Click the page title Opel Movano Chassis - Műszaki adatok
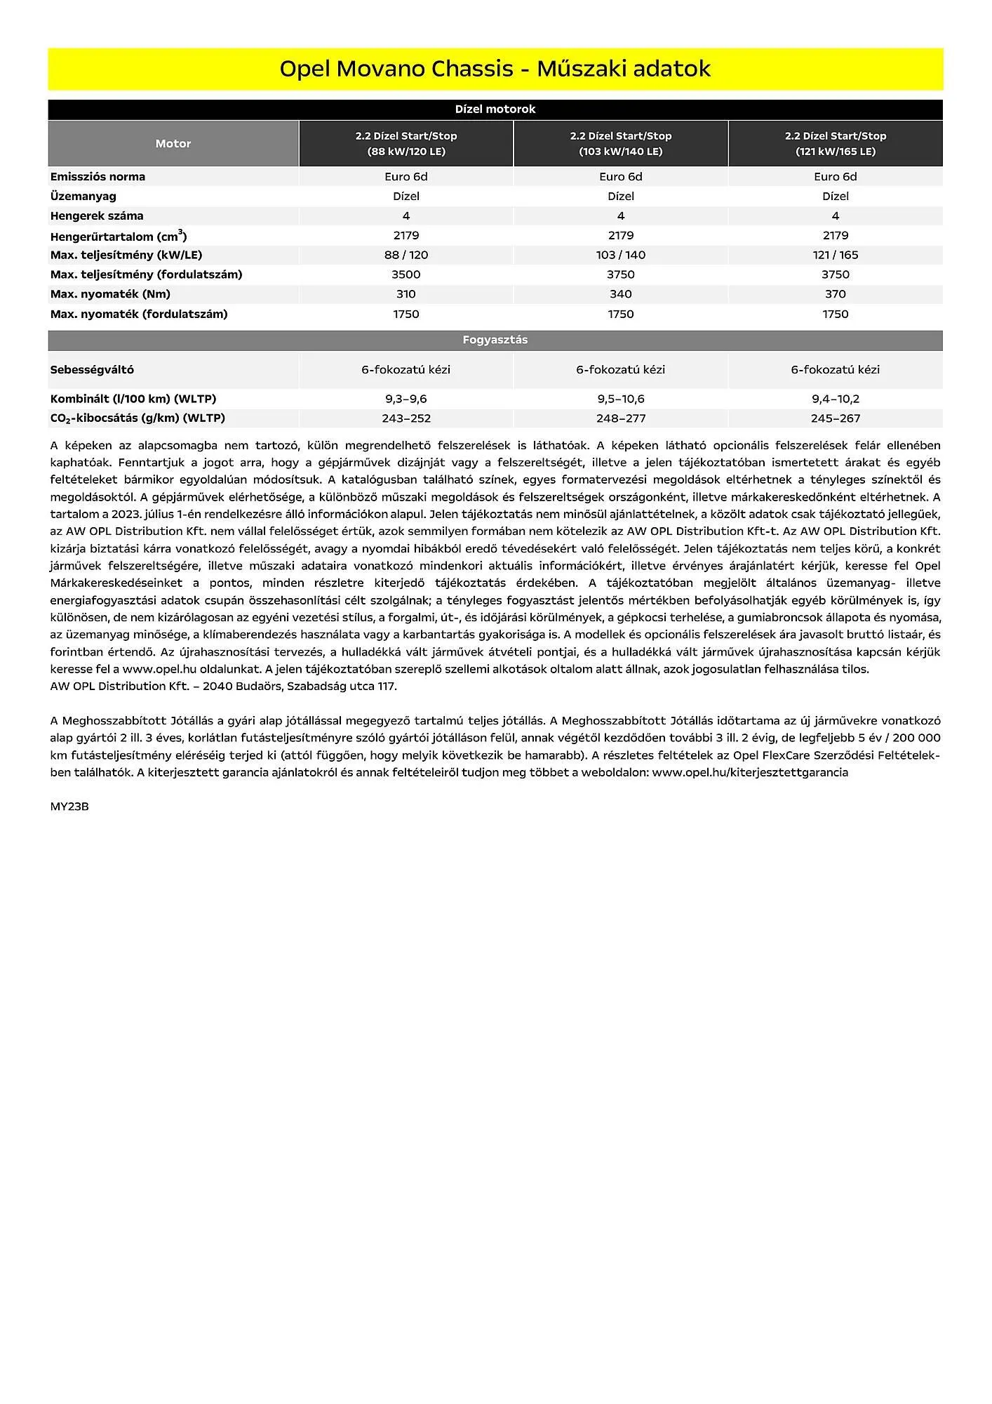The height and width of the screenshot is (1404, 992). point(495,69)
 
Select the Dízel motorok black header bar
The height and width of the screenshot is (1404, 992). point(495,109)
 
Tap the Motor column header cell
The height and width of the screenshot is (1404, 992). point(173,143)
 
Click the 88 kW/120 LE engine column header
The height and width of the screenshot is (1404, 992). point(405,143)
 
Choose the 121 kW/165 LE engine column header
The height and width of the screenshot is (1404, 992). point(835,143)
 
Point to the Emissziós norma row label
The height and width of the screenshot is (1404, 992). point(98,176)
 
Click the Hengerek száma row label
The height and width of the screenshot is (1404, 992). point(97,216)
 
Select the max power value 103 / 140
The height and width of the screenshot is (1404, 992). point(620,255)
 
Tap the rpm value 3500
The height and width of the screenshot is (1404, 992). point(405,274)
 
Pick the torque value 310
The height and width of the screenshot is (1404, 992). point(405,294)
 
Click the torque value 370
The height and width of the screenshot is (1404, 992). point(835,294)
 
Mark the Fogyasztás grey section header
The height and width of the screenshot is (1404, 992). point(495,340)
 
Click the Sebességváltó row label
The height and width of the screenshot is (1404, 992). point(92,369)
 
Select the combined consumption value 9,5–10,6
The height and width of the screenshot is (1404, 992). point(620,399)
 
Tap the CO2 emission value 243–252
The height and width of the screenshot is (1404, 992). point(405,418)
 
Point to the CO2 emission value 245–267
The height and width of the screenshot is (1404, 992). point(835,418)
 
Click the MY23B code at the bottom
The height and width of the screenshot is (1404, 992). point(69,807)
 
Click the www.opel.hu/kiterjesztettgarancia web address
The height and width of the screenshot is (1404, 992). point(750,772)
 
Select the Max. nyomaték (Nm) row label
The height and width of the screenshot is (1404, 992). point(110,294)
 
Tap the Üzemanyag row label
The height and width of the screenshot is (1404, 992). point(83,196)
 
